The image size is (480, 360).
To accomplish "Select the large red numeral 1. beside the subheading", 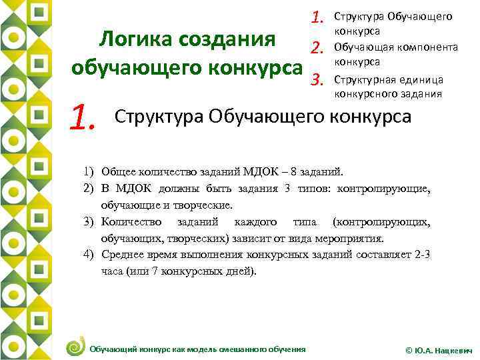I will point(87,119).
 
